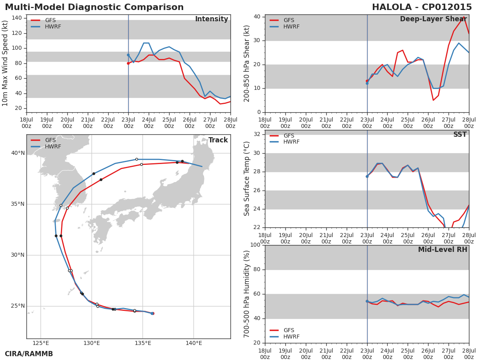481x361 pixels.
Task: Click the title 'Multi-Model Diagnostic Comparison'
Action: (x=94, y=7)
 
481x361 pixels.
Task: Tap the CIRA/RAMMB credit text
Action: (x=29, y=354)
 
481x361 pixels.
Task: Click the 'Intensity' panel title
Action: (x=211, y=19)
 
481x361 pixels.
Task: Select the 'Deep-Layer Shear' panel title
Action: (x=433, y=19)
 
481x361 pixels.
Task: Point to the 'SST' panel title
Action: (x=460, y=135)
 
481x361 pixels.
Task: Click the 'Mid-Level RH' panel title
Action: (x=443, y=249)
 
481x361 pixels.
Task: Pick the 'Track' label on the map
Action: (x=218, y=140)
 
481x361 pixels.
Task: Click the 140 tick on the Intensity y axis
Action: (x=17, y=18)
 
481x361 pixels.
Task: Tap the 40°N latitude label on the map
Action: (x=18, y=153)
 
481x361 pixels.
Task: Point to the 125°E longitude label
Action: (x=41, y=343)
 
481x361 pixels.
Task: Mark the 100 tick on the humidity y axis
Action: (x=255, y=245)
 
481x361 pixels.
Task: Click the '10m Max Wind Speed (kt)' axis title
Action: (x=5, y=64)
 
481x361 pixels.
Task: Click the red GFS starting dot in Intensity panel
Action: (x=128, y=63)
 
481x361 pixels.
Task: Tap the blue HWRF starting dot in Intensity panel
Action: (x=128, y=55)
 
